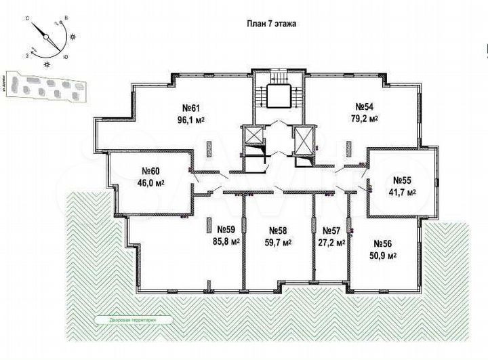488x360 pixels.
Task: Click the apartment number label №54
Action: [365, 106]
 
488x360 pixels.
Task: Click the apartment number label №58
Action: [278, 230]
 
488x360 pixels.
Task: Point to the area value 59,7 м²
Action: [278, 241]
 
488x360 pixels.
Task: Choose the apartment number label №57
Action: [331, 230]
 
